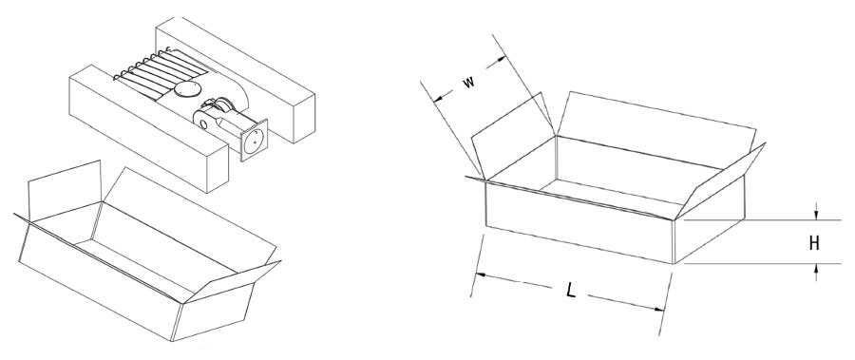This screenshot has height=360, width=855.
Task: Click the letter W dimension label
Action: [x=468, y=83]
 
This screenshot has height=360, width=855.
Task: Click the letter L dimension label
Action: [x=570, y=291]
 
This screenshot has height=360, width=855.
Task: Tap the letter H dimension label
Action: [x=814, y=243]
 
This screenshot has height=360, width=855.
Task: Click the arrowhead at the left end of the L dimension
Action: [x=480, y=275]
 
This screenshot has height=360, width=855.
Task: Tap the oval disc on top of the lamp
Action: [x=186, y=89]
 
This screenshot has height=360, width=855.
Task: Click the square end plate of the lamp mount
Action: [x=254, y=141]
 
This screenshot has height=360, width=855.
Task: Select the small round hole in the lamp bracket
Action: [x=204, y=123]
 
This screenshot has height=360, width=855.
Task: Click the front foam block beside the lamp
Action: [x=149, y=128]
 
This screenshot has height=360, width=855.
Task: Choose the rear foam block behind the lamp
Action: [x=236, y=79]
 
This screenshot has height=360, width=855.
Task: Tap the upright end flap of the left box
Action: [x=65, y=192]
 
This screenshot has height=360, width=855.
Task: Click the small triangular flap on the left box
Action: [x=233, y=282]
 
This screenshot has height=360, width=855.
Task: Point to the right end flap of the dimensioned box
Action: [x=719, y=181]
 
